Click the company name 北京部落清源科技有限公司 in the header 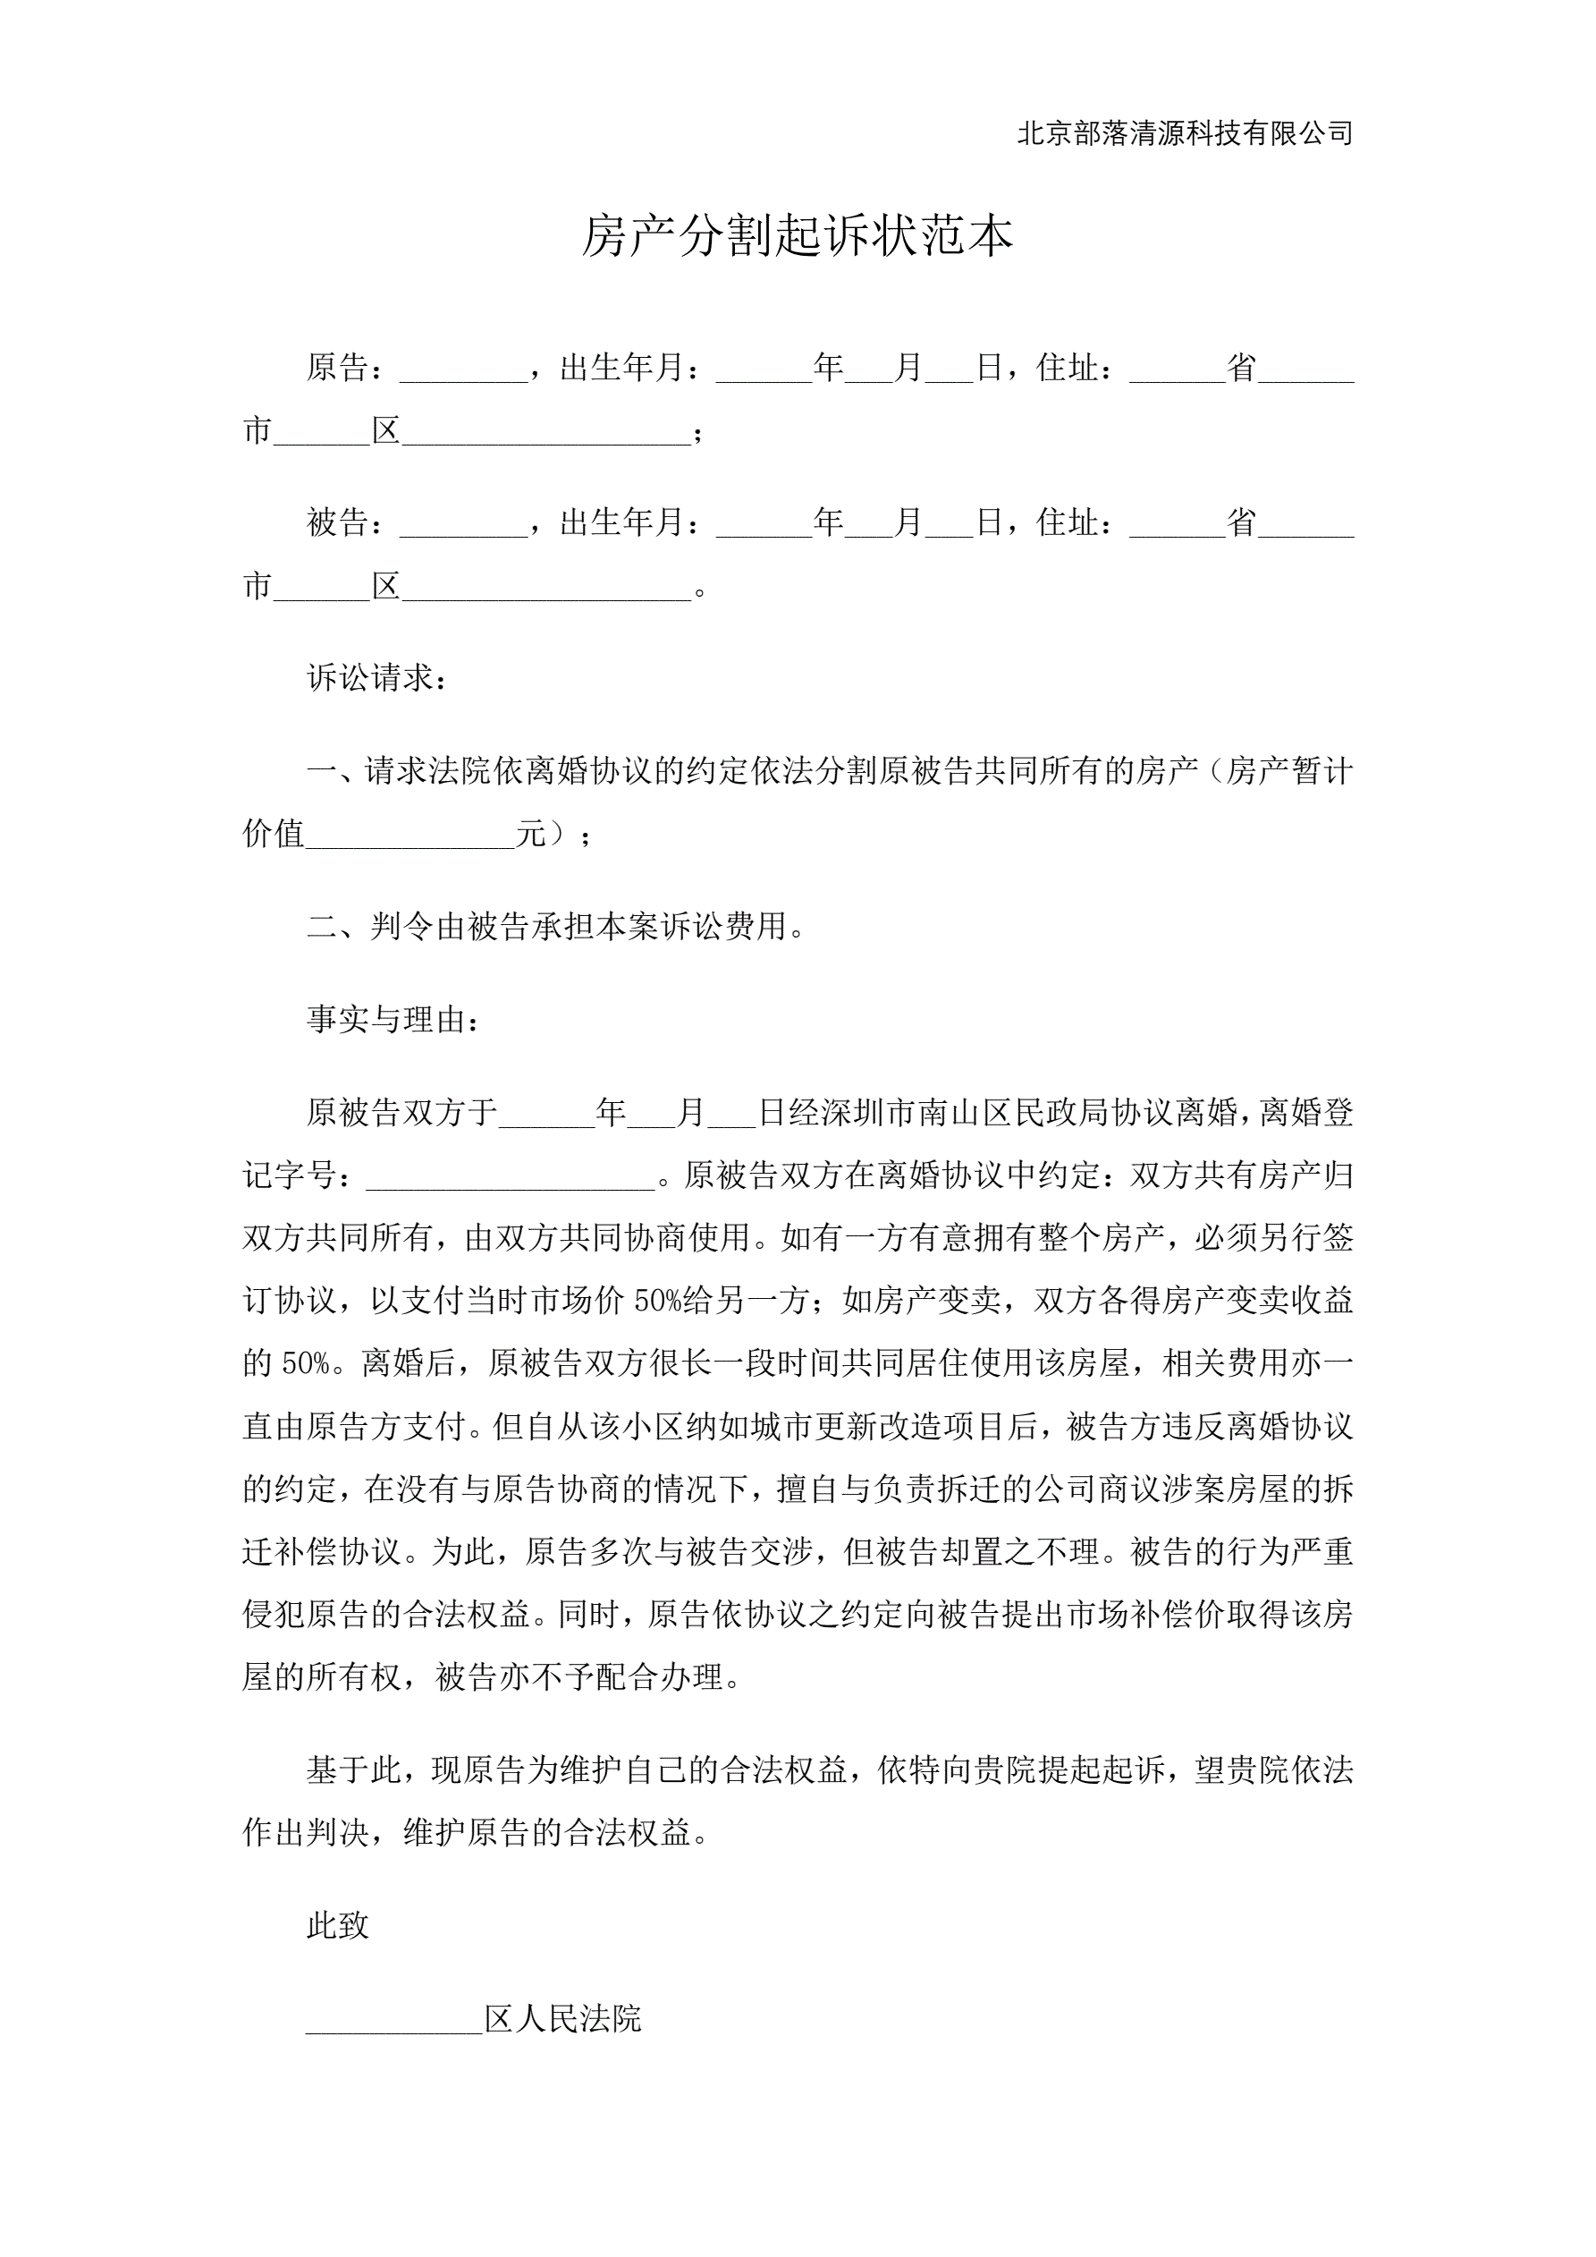pyautogui.click(x=1184, y=133)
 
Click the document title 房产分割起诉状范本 pyautogui.click(x=797, y=236)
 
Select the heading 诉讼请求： pyautogui.click(x=377, y=677)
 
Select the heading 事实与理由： pyautogui.click(x=393, y=1020)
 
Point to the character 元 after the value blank pyautogui.click(x=531, y=834)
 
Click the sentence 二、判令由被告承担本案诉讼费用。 pyautogui.click(x=556, y=926)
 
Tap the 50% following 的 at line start pyautogui.click(x=306, y=1363)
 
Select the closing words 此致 pyautogui.click(x=337, y=1926)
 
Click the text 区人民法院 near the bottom pyautogui.click(x=562, y=2019)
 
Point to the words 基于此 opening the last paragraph pyautogui.click(x=354, y=1770)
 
